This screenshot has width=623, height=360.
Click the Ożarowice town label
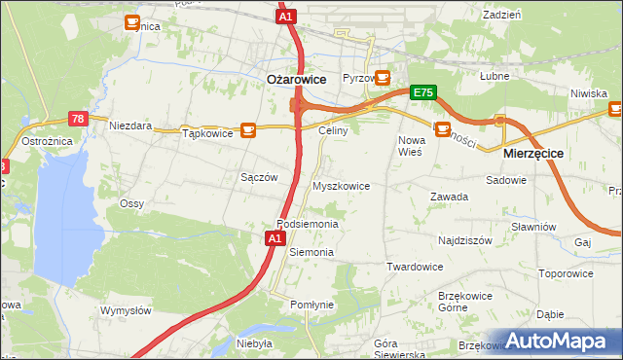296,81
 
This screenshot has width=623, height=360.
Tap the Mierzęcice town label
533,154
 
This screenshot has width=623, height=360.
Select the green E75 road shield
422,92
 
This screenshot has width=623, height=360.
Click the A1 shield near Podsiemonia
275,237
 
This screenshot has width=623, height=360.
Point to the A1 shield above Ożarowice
285,17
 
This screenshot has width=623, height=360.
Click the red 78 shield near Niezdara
79,119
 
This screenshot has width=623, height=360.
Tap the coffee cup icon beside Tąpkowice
248,128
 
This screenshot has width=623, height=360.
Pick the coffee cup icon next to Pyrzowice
383,76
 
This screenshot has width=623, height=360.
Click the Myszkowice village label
340,185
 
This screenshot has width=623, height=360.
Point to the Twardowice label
415,267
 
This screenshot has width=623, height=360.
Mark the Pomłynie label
311,305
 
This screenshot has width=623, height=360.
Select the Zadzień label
501,15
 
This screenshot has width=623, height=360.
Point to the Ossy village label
131,203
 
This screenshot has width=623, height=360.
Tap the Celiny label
334,129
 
